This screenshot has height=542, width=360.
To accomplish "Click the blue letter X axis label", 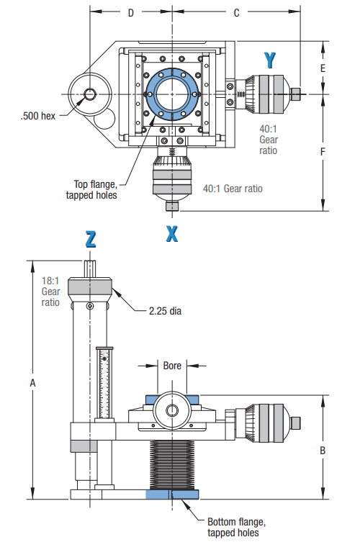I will [x=171, y=233].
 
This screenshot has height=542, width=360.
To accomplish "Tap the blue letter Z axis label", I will [x=91, y=240].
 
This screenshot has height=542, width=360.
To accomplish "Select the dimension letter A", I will [x=32, y=384].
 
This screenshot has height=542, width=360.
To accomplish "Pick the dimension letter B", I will [x=323, y=450].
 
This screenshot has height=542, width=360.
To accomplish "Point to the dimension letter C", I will [x=236, y=13].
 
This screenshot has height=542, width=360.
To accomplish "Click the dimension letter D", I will [x=130, y=13].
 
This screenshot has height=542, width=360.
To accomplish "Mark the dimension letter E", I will [x=323, y=68].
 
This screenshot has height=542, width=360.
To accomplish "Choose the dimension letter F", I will [x=323, y=153].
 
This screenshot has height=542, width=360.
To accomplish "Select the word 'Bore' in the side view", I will [x=173, y=365].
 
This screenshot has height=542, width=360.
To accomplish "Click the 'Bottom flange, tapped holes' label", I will [x=233, y=527].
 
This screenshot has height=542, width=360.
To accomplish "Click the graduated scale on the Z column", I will [x=105, y=381].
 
